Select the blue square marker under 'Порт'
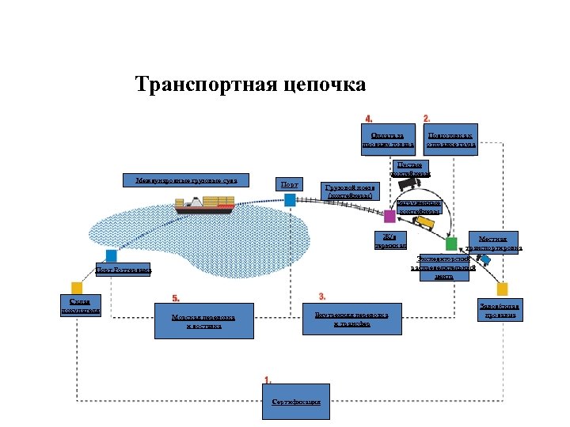[290, 201]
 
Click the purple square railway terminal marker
[389, 216]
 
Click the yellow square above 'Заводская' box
[502, 289]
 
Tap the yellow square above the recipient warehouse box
[77, 288]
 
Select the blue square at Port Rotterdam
[112, 255]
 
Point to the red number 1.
[268, 380]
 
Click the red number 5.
[177, 298]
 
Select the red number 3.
[322, 296]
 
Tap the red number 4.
[368, 119]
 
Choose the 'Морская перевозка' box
[203, 321]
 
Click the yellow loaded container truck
[426, 224]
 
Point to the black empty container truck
[410, 184]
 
